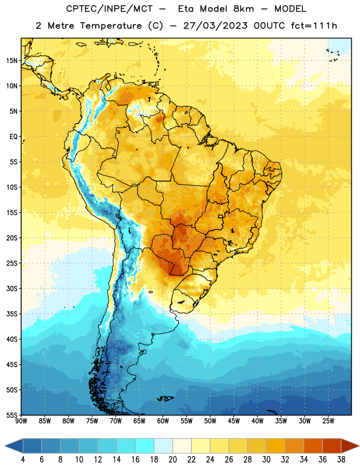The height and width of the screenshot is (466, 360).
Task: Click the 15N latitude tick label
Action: (12, 61)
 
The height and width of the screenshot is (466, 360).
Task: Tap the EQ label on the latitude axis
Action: (13, 137)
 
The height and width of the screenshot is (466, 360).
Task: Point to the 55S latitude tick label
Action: (12, 415)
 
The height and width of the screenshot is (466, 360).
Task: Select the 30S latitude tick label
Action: (12, 288)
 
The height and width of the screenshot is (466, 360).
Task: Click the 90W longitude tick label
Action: (21, 421)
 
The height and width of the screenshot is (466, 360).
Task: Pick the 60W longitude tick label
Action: (163, 421)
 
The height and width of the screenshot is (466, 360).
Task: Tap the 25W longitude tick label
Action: (328, 421)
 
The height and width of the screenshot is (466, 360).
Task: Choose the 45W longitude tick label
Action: (234, 421)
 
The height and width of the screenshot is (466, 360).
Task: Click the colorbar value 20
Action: (172, 460)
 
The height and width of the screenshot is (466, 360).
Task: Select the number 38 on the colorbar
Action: (341, 460)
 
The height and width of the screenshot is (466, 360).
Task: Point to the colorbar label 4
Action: (23, 460)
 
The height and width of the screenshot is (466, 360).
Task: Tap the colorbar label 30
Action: (266, 460)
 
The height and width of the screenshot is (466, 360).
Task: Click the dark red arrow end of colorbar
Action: (350, 446)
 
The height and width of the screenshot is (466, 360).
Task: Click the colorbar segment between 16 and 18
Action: (145, 446)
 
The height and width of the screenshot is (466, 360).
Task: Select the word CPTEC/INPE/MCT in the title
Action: (110, 9)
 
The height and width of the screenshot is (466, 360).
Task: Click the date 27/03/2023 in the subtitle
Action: (215, 26)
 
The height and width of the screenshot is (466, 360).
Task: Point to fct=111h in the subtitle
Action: (314, 26)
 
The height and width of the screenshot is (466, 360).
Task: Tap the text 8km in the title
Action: (243, 9)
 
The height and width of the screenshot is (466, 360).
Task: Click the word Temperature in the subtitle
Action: (111, 26)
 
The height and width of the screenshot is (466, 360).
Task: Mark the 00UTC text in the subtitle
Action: (269, 26)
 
